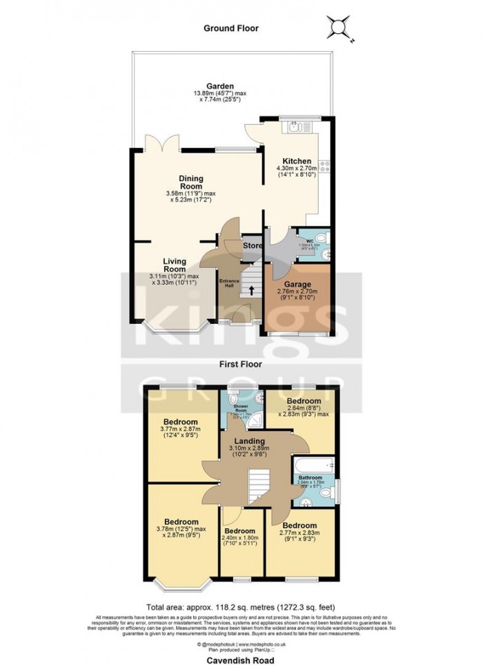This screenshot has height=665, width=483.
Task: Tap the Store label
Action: (253, 245)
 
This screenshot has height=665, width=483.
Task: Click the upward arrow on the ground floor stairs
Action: (250, 291)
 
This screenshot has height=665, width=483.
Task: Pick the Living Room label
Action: (175, 265)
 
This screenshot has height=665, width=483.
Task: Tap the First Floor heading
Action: (241, 362)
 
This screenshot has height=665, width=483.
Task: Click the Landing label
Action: (248, 441)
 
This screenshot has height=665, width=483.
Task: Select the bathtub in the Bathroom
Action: (315, 465)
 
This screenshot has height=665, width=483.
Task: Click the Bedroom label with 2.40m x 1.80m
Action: (240, 530)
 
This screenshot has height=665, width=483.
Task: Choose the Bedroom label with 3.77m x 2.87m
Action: (181, 422)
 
